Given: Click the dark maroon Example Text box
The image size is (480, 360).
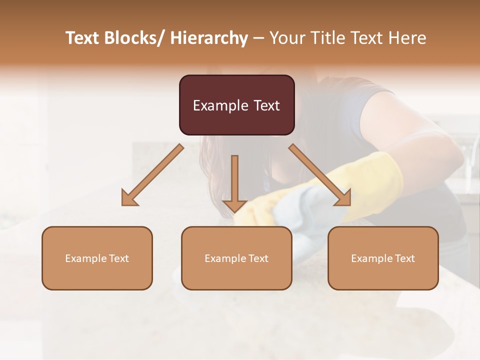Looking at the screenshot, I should (236, 105).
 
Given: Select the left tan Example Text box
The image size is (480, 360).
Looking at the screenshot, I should (97, 258).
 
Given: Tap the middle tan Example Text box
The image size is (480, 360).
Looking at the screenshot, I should (236, 258).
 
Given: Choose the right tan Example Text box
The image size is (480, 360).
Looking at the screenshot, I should (383, 258).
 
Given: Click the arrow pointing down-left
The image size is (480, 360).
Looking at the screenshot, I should (153, 175).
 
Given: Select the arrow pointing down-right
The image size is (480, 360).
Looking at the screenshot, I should (320, 175).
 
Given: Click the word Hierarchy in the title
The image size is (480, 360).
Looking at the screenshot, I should (208, 38).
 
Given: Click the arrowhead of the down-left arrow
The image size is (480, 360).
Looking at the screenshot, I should (129, 198).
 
